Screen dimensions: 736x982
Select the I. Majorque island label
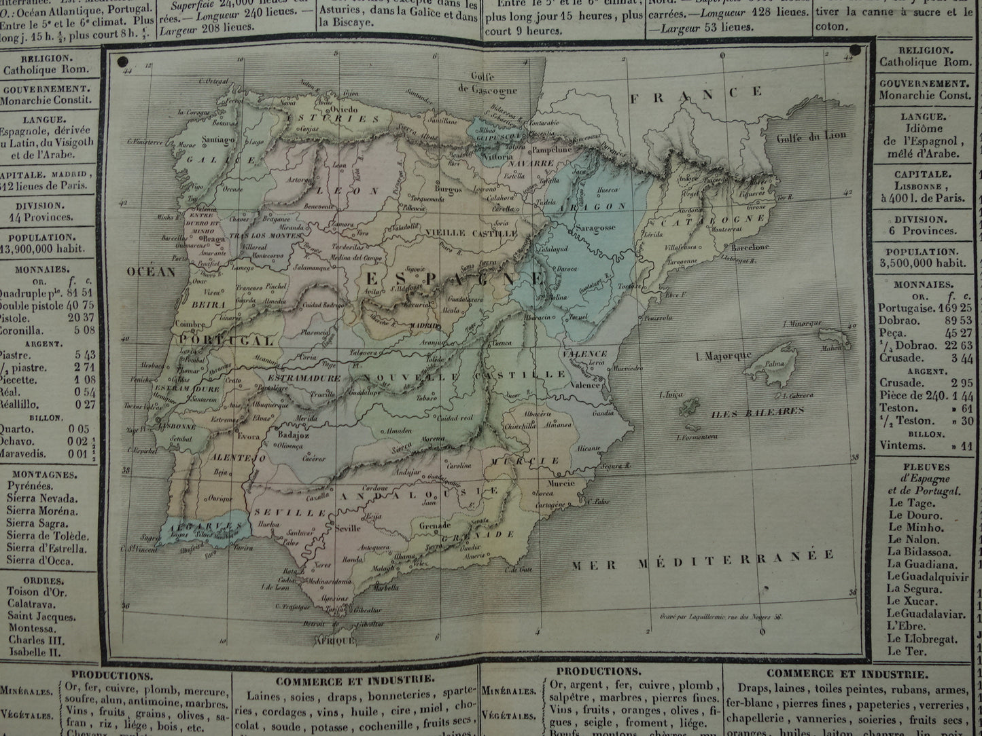point(724,356)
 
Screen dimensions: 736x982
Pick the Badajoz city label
point(291,436)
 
